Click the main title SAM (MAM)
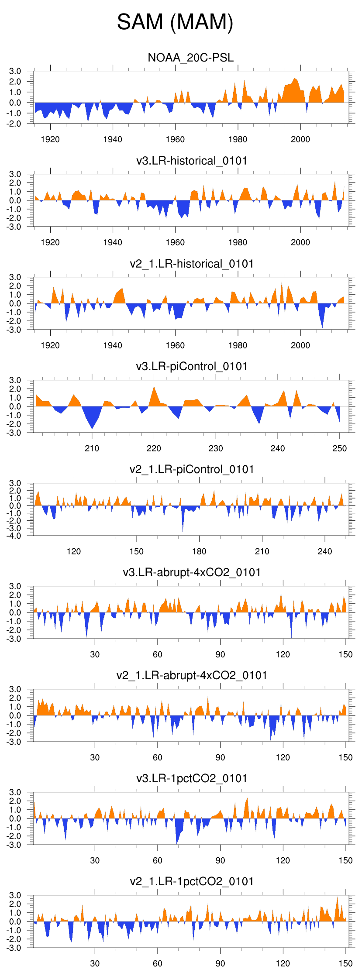[175, 22]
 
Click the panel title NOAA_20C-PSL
[191, 58]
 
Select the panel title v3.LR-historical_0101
[192, 161]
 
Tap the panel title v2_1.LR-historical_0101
[192, 264]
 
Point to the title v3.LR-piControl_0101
[192, 366]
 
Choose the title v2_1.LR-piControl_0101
[192, 469]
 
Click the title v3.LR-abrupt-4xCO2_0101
[192, 572]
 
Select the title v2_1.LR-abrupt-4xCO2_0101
[192, 675]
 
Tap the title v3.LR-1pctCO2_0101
[192, 778]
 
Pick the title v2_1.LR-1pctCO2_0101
[192, 881]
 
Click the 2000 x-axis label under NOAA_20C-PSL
[300, 139]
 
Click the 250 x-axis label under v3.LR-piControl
[340, 448]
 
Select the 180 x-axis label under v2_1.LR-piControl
[199, 551]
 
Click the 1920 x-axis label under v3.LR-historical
[50, 242]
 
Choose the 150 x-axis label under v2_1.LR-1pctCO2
[345, 963]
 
